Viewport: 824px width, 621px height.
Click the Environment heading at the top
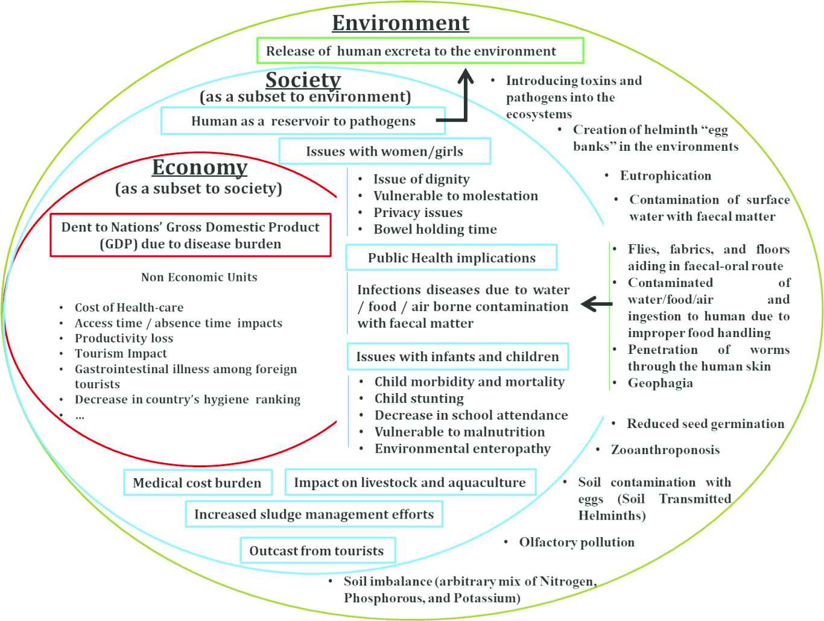point(401,23)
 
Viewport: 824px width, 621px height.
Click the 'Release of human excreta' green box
point(420,51)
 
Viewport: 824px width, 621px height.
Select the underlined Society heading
point(303,80)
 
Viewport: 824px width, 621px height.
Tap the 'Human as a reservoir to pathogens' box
point(303,121)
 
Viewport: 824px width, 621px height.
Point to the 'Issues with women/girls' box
point(384,151)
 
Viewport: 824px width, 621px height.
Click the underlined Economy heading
point(200,167)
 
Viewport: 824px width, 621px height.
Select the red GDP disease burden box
point(191,235)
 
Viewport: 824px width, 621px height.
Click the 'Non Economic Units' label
point(199,277)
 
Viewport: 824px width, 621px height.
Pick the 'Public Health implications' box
point(451,257)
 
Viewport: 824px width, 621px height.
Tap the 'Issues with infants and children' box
point(457,357)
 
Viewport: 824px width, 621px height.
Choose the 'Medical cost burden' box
point(197,483)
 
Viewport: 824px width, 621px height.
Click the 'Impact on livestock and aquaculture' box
point(410,482)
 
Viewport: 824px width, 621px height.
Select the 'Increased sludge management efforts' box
point(314,514)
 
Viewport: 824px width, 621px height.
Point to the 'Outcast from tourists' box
point(317,550)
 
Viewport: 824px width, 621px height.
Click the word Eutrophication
point(665,176)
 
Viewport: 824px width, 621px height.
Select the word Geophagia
point(660,383)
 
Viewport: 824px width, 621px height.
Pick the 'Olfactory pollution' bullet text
point(577,543)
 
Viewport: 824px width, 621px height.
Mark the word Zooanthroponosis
point(665,450)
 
